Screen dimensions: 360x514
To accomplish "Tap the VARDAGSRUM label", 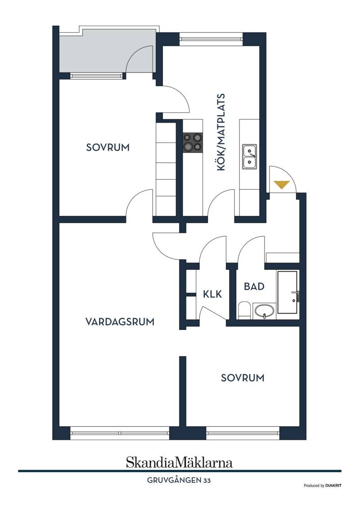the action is click(120, 322).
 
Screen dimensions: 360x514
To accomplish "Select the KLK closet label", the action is click(212, 294).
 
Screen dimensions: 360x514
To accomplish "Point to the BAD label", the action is click(254, 286).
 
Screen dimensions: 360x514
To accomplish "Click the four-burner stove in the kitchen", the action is click(193, 143).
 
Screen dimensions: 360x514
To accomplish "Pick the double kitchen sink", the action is click(249, 156).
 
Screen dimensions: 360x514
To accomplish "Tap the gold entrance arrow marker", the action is click(282, 185).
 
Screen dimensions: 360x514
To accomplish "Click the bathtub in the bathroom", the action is click(288, 292).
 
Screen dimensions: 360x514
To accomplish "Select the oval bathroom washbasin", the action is click(264, 311).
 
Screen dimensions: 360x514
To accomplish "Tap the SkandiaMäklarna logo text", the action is click(179, 462).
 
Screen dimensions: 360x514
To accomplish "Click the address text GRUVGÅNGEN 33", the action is click(179, 481).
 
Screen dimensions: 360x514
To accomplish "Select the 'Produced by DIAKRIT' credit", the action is click(323, 486).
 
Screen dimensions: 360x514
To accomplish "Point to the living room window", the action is click(119, 433).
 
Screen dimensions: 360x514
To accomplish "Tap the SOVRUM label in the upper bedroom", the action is click(108, 147).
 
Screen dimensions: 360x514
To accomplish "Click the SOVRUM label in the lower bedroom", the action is click(243, 378).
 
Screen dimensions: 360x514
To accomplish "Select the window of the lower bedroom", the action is click(243, 433).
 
